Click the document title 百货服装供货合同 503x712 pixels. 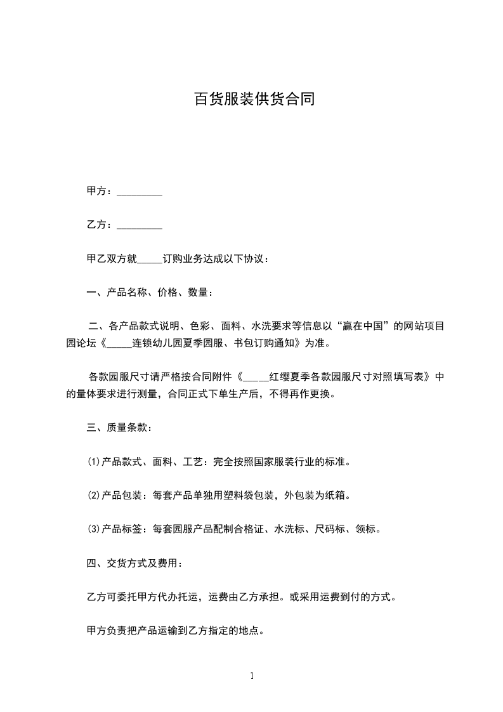(254, 100)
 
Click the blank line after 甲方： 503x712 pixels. (140, 192)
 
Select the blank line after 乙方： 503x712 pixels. (140, 225)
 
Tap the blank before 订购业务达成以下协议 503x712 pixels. (150, 260)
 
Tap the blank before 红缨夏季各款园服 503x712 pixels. (256, 377)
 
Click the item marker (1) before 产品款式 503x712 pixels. (93, 461)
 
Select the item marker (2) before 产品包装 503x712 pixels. (93, 495)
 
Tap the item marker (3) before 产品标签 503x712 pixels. (93, 529)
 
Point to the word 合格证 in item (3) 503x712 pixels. (255, 529)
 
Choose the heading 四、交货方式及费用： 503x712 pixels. (135, 563)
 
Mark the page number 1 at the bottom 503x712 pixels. (252, 676)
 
